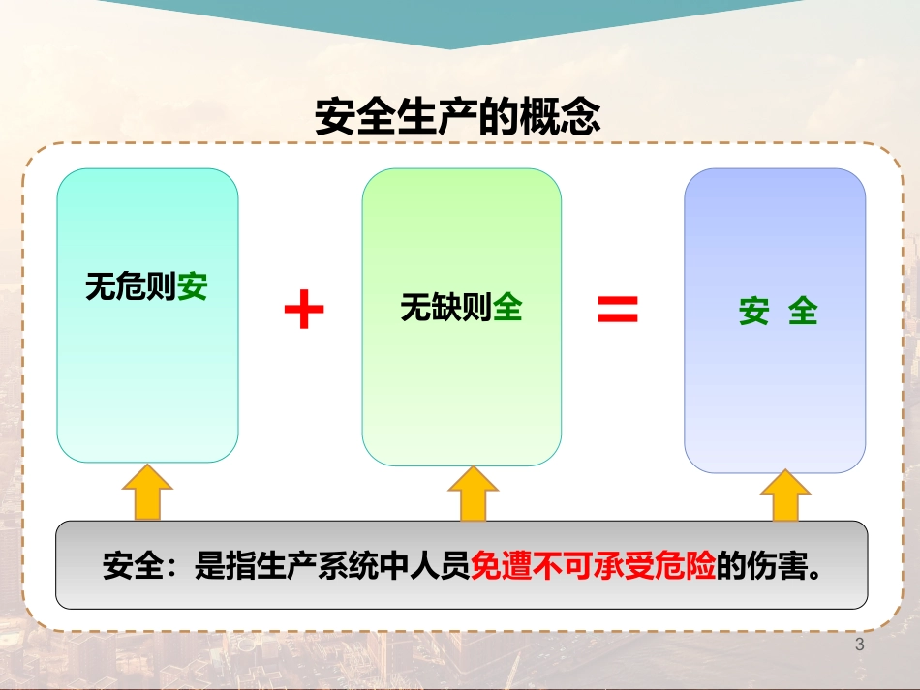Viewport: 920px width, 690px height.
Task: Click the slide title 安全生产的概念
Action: (458, 116)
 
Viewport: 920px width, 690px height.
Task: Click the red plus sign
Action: (304, 309)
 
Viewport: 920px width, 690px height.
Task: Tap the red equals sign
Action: (618, 309)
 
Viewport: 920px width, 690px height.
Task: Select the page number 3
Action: (860, 645)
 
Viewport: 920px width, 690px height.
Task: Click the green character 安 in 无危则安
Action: (193, 286)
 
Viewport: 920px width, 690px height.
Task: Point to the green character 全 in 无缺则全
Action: (507, 307)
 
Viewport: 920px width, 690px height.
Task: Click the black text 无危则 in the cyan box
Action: (132, 286)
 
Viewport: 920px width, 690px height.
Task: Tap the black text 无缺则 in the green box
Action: (446, 307)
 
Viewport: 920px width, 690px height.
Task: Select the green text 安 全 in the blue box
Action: (778, 311)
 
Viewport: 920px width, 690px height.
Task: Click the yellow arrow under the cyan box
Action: (147, 493)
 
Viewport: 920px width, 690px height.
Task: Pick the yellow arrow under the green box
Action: (473, 494)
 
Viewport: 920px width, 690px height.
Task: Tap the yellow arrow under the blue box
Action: (785, 495)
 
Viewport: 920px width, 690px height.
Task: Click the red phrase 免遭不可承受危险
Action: (594, 566)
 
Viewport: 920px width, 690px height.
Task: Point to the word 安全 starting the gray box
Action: (133, 566)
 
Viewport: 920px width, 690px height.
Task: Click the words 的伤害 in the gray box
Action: (762, 566)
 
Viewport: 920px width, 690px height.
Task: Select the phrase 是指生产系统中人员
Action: (333, 566)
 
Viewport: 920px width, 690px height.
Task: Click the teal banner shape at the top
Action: (450, 20)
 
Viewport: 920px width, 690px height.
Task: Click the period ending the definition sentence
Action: (814, 573)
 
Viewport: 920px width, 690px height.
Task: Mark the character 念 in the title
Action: (581, 116)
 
